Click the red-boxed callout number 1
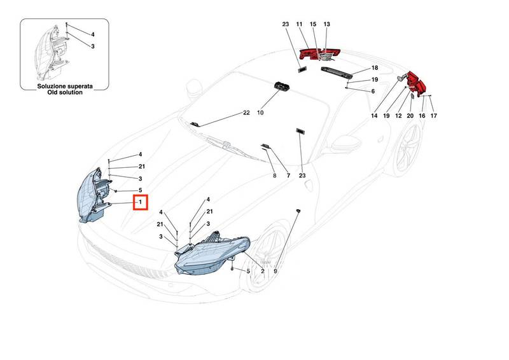pos(140,202)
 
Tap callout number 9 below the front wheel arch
pos(275,272)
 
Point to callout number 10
pos(260,113)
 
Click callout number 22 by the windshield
pos(246,113)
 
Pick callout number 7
pos(288,175)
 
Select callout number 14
pos(375,116)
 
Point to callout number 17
pos(434,116)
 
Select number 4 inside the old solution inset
pos(92,34)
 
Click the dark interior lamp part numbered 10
pos(281,88)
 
